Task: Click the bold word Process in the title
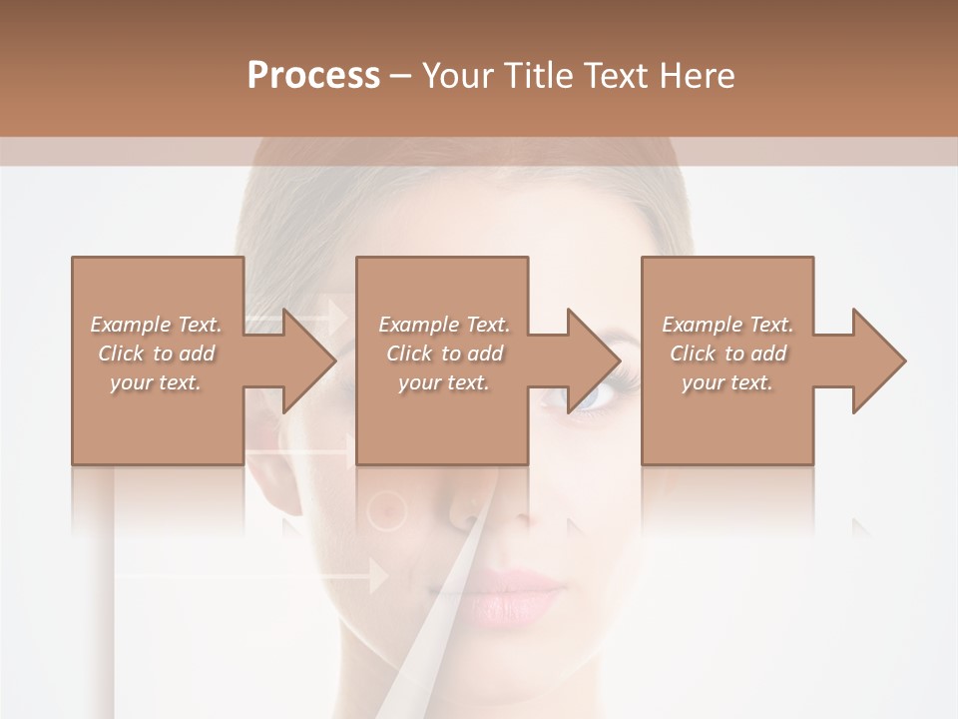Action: (313, 76)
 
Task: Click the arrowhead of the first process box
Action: (299, 360)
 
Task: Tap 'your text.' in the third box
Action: (727, 382)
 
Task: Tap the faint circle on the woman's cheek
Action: (387, 511)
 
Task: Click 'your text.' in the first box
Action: (156, 382)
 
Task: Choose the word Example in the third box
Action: (703, 325)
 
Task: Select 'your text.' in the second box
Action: (443, 382)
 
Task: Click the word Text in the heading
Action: (613, 76)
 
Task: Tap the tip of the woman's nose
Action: (519, 514)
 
